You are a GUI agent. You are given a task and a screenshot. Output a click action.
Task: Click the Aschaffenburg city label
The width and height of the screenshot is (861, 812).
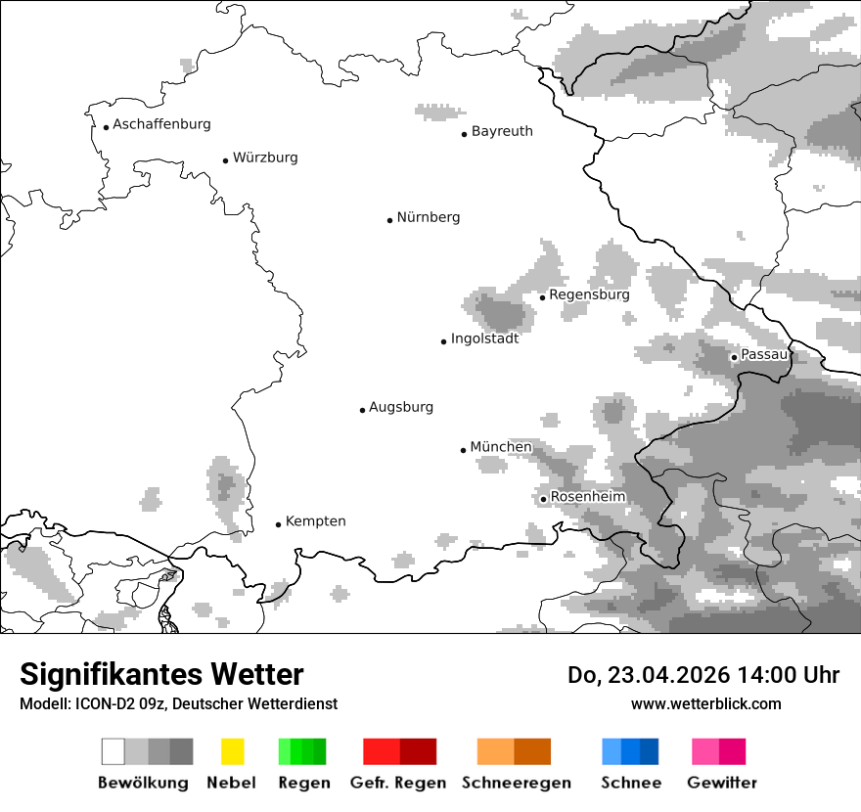pyautogui.click(x=161, y=124)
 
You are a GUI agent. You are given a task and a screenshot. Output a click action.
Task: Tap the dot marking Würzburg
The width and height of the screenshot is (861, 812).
pyautogui.click(x=226, y=160)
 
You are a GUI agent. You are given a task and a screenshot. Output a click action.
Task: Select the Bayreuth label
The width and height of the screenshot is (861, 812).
pyautogui.click(x=502, y=131)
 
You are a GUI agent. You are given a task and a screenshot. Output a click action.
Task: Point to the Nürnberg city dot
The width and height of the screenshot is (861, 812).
pyautogui.click(x=389, y=220)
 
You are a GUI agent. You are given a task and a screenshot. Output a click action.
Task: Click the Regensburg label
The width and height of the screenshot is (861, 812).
pyautogui.click(x=589, y=294)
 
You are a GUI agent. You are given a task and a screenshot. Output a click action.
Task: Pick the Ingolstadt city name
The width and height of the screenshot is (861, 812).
pyautogui.click(x=484, y=338)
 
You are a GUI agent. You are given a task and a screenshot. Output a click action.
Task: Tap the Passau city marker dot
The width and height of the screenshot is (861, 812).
pyautogui.click(x=734, y=357)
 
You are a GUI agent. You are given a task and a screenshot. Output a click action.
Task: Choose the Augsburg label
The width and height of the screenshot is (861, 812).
pyautogui.click(x=401, y=407)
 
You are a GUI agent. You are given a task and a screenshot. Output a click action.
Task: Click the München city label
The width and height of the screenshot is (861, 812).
pyautogui.click(x=501, y=447)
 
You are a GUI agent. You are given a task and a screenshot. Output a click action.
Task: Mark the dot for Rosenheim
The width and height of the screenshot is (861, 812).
pyautogui.click(x=543, y=500)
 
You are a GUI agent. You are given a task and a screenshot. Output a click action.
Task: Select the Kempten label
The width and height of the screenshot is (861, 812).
pyautogui.click(x=315, y=521)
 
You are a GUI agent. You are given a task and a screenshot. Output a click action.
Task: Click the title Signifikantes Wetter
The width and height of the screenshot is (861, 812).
pyautogui.click(x=161, y=675)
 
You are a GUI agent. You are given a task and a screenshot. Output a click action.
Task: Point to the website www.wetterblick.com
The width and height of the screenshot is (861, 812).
pyautogui.click(x=705, y=703)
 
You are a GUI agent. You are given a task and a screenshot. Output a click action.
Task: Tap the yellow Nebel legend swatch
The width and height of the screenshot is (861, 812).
pyautogui.click(x=232, y=751)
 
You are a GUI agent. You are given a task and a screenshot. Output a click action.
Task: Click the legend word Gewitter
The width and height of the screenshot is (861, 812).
pyautogui.click(x=721, y=783)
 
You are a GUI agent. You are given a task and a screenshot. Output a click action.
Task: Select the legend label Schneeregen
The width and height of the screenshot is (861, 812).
pyautogui.click(x=517, y=783)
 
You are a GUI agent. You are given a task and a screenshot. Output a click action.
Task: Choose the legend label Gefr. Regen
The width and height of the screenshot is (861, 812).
pyautogui.click(x=398, y=783)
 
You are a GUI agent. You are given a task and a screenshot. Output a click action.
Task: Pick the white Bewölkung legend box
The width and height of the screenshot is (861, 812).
pyautogui.click(x=113, y=751)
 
